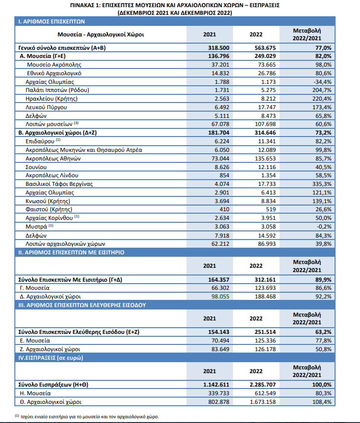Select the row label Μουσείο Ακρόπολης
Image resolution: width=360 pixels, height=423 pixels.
pos(54,64)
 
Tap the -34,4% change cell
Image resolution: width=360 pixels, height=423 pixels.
pos(322,82)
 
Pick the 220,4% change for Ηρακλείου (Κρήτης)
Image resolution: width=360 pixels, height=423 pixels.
pos(322,99)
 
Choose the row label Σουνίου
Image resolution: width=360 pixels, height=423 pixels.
pos(37,167)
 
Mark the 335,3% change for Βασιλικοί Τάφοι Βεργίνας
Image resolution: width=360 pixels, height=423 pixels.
pos(322,184)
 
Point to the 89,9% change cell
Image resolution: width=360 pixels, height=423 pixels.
pos(322,279)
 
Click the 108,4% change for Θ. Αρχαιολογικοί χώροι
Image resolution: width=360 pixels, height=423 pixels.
pos(322,401)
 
